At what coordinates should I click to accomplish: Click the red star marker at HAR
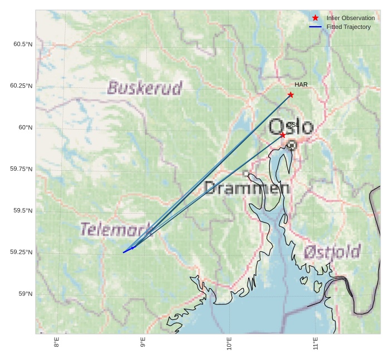[x=290, y=95]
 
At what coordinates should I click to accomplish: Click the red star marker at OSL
[x=283, y=135]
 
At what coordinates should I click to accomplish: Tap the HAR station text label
[x=301, y=85]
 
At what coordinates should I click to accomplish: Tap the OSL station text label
[x=292, y=125]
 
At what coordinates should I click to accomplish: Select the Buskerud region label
[x=145, y=88]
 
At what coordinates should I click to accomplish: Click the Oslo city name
[x=291, y=126]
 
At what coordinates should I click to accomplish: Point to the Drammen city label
[x=246, y=188]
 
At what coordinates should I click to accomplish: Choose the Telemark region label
[x=116, y=229]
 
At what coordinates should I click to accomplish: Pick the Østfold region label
[x=332, y=252]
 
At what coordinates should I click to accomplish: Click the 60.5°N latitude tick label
[x=23, y=44]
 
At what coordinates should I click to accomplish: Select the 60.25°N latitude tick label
[x=21, y=86]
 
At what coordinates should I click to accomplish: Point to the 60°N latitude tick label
[x=26, y=127]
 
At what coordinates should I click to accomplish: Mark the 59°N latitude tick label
[x=26, y=294]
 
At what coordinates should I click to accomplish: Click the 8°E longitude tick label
[x=57, y=343]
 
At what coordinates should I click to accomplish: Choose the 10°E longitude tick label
[x=229, y=344]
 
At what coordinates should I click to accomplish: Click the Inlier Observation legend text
[x=350, y=18]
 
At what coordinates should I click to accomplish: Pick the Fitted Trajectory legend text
[x=348, y=27]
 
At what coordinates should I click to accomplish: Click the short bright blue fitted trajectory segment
[x=128, y=250]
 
